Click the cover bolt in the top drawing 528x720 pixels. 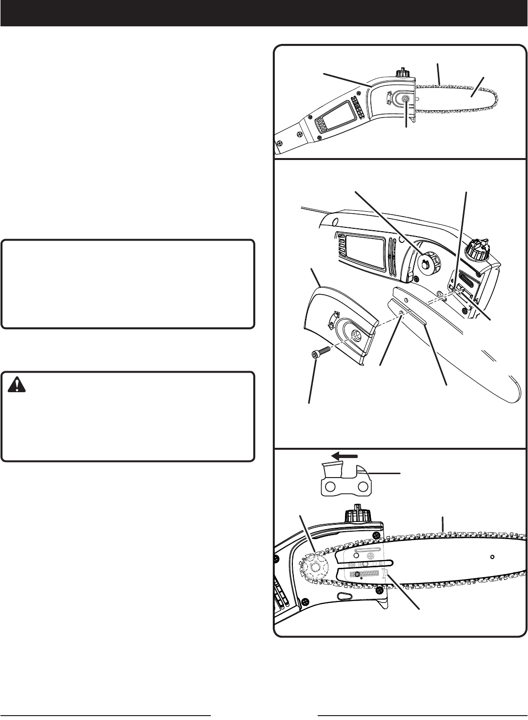coord(406,99)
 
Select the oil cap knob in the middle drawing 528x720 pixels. coord(478,249)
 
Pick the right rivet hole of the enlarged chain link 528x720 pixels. coord(364,486)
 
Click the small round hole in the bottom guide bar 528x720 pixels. coord(492,557)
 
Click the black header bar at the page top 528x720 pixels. coord(264,13)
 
